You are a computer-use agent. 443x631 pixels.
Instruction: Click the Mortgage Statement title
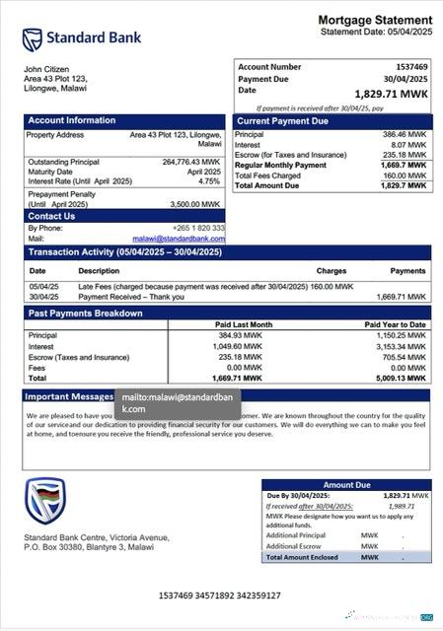pos(375,21)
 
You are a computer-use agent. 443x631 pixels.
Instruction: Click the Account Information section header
pos(71,121)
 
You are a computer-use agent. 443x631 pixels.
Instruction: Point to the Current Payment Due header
pos(282,121)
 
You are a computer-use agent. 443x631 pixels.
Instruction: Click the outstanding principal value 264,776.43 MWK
pos(191,162)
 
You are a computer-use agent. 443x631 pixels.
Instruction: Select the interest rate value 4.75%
pos(209,181)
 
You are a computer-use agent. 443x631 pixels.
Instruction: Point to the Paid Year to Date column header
pos(395,324)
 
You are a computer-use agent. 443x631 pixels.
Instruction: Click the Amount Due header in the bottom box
pos(346,485)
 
